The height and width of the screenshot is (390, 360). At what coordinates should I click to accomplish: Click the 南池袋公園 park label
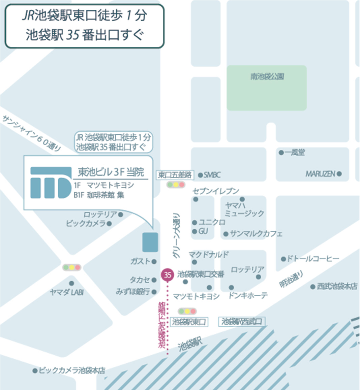coord(267,77)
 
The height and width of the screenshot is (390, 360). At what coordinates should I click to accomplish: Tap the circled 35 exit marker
coord(168,274)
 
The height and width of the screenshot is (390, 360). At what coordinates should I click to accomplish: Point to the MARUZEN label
coord(320,174)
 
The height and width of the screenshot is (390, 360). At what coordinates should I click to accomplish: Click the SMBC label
coord(212,175)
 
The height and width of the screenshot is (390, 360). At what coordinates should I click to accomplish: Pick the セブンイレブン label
coord(216,191)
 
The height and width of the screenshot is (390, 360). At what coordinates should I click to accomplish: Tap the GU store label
coord(203,231)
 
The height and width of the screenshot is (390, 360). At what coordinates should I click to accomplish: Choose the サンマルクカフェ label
coord(256,234)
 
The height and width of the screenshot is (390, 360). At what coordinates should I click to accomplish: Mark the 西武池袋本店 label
coord(337,286)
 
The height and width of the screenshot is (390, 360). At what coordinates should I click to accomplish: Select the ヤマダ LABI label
coord(66,292)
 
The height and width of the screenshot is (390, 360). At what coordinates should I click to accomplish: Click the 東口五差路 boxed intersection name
coord(175,175)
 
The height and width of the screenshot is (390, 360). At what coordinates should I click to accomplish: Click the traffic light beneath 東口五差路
coord(176,185)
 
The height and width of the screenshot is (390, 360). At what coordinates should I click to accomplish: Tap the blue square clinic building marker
coord(150,242)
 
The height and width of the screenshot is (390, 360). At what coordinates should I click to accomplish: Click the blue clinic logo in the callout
coord(51,182)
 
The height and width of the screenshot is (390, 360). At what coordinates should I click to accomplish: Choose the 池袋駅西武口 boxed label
coord(242,322)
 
